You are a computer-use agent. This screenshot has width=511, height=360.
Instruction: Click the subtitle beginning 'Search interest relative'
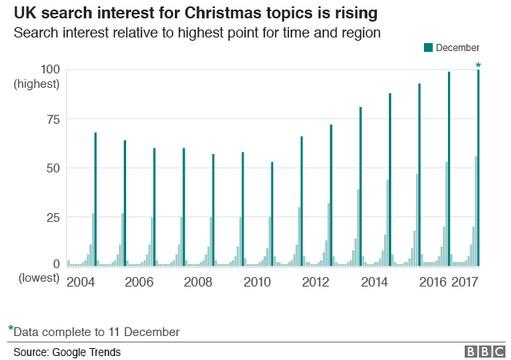196,34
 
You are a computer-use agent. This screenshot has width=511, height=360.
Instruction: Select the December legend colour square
429,49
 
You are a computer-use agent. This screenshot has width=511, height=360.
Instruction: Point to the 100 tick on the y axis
50,69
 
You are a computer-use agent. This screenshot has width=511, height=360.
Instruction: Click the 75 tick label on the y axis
53,119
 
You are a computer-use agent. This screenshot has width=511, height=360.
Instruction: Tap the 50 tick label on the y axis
53,168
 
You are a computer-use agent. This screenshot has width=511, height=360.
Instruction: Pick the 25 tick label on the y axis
53,217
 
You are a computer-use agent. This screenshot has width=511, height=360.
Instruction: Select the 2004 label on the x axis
80,282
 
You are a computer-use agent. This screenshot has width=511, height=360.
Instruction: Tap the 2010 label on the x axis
257,282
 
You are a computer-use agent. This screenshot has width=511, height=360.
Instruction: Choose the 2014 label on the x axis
374,282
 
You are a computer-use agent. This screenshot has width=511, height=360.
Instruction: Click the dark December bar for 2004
95,200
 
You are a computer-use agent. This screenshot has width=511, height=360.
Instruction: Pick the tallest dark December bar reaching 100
478,168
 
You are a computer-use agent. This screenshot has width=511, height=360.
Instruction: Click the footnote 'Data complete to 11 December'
97,331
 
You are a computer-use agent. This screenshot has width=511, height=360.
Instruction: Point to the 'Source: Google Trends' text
67,351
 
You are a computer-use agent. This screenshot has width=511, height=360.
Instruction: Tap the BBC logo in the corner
485,351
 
